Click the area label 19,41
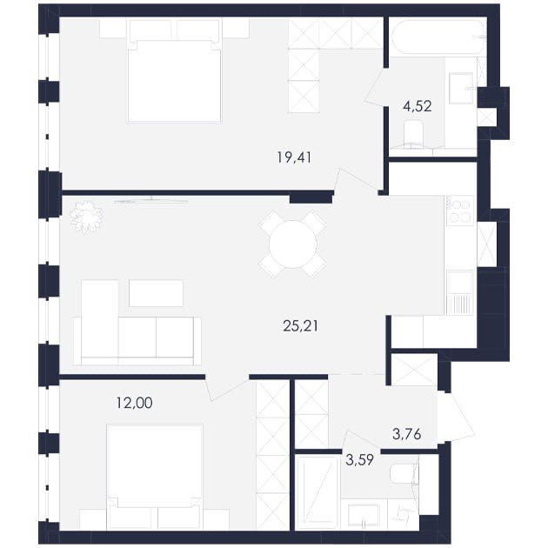coord(294,157)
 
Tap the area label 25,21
coord(301,326)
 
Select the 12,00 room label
coord(135,403)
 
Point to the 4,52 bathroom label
coord(418,105)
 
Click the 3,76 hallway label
coord(407,434)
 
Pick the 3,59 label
coord(359,460)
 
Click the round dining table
coord(293,244)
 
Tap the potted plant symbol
coord(86,217)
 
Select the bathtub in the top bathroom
coord(438,37)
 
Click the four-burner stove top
coord(459,211)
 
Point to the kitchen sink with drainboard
coord(459,292)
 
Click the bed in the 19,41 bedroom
coord(175,80)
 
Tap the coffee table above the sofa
coord(156,293)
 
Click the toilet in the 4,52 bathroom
coord(413,133)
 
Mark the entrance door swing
coord(455,417)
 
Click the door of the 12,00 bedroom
coord(226,387)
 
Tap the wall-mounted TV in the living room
coord(151,201)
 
